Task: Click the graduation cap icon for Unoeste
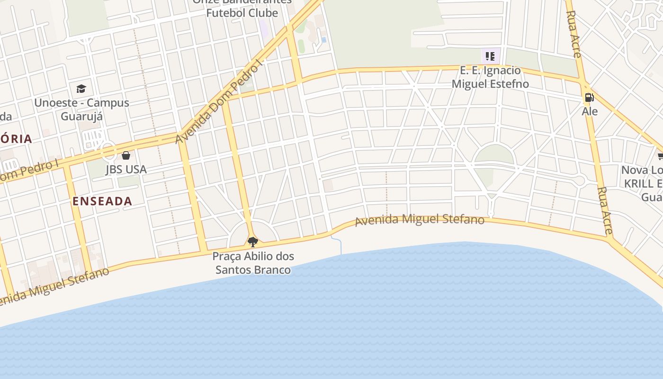pos(81,89)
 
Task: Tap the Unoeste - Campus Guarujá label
pos(81,109)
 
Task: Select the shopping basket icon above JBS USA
pos(126,155)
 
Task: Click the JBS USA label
pos(126,169)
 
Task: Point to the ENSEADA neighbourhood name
pos(102,201)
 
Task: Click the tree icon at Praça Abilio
pos(253,242)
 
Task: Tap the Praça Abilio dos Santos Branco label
pos(253,263)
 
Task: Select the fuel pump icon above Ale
pos(589,98)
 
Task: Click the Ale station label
pos(590,111)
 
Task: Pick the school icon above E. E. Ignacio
pos(490,56)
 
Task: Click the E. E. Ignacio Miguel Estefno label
pos(490,77)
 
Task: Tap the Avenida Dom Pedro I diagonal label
pos(219,102)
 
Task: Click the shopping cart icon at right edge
pos(660,156)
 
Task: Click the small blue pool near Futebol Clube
pos(324,40)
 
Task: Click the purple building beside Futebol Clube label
pos(263,29)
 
